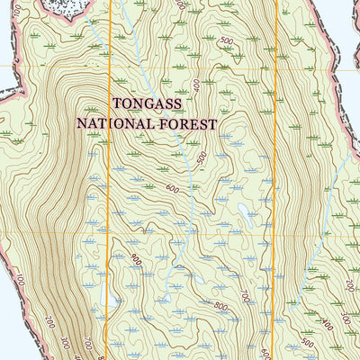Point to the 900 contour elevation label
pyautogui.click(x=136, y=260)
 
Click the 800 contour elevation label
pyautogui.click(x=220, y=305)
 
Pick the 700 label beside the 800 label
pyautogui.click(x=244, y=294)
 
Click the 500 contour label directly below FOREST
pyautogui.click(x=202, y=158)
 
